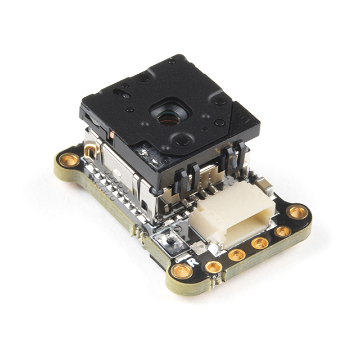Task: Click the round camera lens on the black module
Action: click(166, 118)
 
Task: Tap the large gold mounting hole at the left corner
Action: click(70, 160)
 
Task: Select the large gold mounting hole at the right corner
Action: click(297, 213)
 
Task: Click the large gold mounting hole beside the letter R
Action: click(182, 272)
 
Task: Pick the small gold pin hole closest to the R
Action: click(213, 266)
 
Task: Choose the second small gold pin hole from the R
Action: click(237, 255)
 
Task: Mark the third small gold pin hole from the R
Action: click(260, 243)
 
